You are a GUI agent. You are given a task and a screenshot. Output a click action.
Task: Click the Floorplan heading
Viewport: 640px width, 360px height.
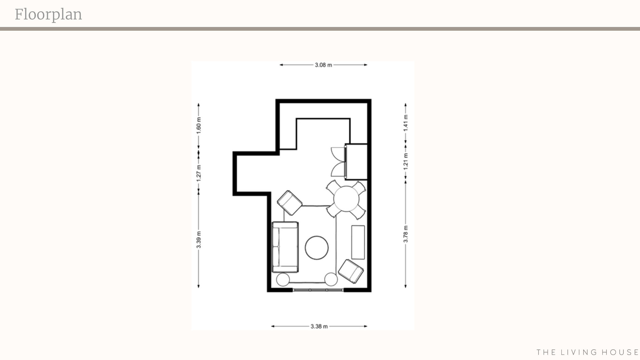click(x=48, y=14)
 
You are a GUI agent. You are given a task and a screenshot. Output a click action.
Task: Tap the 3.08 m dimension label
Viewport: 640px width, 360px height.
click(x=323, y=65)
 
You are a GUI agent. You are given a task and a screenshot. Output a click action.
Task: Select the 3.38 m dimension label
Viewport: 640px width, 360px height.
click(x=319, y=326)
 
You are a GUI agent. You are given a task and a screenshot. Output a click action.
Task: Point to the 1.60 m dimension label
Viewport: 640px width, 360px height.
click(x=199, y=125)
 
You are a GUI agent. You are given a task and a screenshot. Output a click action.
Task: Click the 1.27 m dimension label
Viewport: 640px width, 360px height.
click(x=199, y=172)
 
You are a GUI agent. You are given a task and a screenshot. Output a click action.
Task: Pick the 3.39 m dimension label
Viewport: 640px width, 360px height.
click(x=199, y=240)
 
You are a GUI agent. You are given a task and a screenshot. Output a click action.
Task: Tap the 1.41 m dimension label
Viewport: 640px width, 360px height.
click(x=406, y=123)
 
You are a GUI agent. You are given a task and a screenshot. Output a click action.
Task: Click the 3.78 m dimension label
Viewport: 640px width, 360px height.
click(x=406, y=234)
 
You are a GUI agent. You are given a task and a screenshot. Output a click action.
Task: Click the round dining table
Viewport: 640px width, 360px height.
click(x=346, y=199)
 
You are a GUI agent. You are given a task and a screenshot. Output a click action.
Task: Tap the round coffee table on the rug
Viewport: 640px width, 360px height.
click(x=317, y=248)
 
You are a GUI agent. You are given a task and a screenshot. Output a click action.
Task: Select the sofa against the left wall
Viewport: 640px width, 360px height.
click(x=285, y=247)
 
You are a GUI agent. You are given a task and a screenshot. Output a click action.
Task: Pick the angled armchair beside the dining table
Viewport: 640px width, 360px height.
click(x=290, y=203)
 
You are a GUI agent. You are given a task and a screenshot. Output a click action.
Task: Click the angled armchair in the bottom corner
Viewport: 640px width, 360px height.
click(x=351, y=271)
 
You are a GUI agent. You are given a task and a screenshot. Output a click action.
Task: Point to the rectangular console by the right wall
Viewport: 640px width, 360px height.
click(x=358, y=242)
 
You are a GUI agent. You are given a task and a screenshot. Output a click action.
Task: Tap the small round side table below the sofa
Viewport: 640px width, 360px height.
click(x=283, y=279)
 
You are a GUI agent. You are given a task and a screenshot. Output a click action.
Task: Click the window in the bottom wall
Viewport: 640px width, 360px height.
click(x=318, y=290)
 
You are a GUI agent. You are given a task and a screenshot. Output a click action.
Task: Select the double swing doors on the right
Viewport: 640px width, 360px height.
click(x=338, y=162)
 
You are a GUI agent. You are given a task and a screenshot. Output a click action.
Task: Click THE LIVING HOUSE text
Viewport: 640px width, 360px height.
click(x=587, y=352)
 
